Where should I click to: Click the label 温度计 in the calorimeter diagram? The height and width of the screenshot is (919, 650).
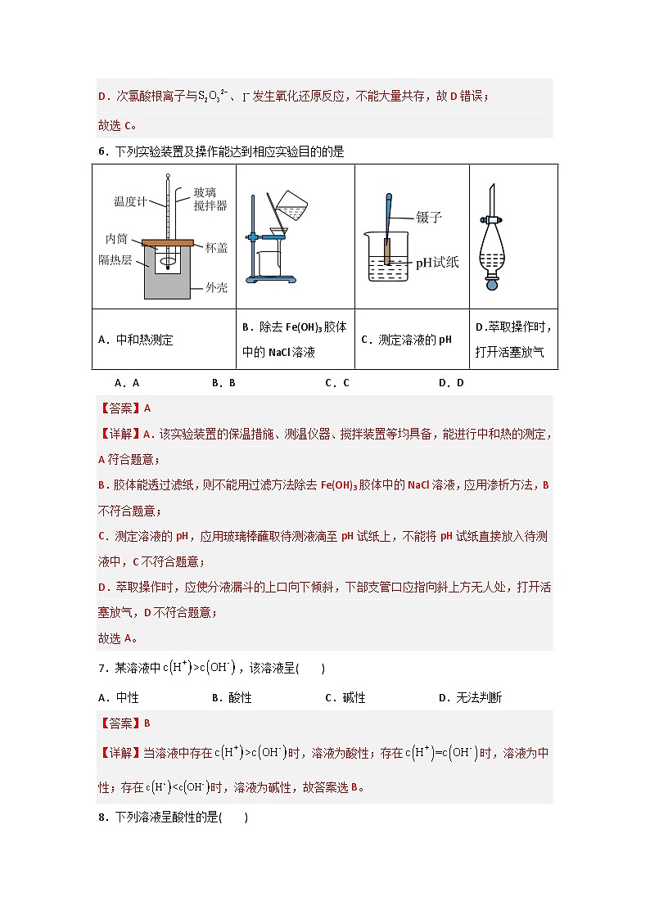coord(130,201)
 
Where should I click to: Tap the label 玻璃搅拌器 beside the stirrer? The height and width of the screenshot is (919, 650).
coord(210,199)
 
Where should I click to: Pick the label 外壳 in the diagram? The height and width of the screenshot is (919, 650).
coord(216,287)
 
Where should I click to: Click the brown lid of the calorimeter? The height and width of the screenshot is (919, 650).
coord(167,242)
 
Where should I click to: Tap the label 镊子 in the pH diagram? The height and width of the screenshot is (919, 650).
coord(429,218)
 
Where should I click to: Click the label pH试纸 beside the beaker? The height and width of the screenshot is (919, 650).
coord(437,263)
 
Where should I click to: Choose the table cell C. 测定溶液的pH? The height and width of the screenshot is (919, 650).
coord(406,340)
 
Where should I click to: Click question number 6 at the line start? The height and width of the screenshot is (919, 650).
coord(101,151)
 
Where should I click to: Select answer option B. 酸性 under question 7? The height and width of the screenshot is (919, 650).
coord(231,698)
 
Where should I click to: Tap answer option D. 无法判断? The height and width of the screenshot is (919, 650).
coord(470,698)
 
